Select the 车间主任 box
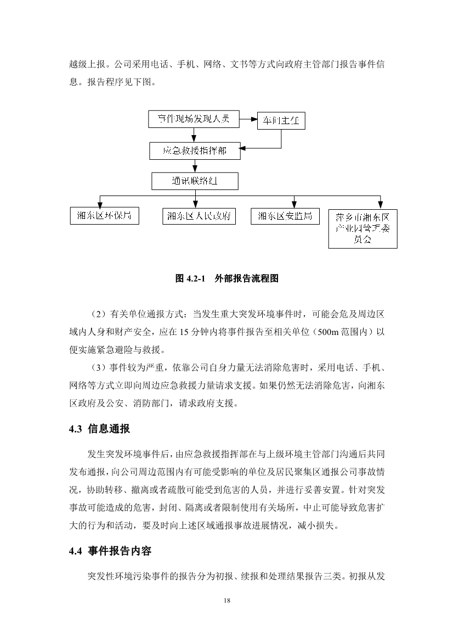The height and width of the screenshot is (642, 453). click(281, 121)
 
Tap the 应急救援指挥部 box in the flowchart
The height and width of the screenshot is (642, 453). click(194, 150)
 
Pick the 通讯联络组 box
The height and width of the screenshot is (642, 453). click(194, 180)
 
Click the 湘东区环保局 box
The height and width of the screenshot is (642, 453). click(104, 216)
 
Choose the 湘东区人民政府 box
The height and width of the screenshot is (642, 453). click(199, 216)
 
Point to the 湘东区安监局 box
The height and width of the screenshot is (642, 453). click(285, 216)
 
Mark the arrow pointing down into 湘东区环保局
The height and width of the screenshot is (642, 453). click(99, 204)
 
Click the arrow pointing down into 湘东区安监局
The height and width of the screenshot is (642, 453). click(295, 204)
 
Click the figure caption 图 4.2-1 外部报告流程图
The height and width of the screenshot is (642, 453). click(226, 278)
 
